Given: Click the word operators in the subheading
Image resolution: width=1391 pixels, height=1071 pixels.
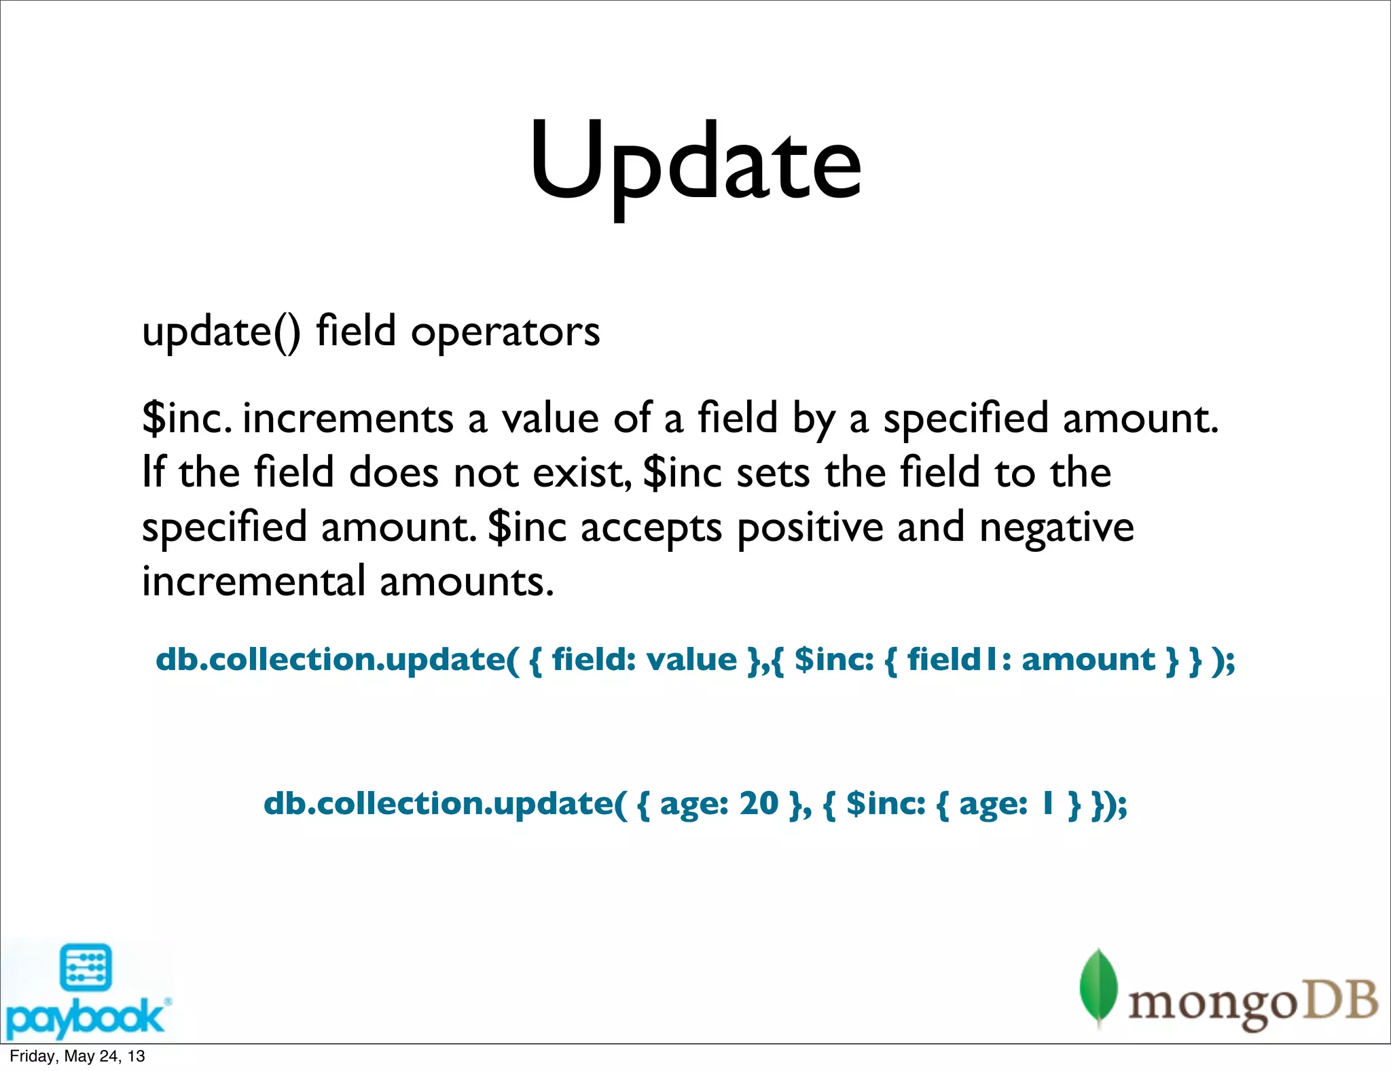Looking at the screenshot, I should click(505, 332).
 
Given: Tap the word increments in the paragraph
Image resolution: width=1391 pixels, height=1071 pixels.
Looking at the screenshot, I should click(347, 418).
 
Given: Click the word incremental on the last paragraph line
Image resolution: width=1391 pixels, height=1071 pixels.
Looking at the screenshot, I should click(253, 582).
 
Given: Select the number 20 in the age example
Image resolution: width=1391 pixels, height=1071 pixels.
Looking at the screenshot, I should click(758, 803).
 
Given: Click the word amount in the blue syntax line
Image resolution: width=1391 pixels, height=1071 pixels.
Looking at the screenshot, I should click(1088, 659).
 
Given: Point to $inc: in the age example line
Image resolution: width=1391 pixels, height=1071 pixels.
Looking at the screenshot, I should click(886, 803).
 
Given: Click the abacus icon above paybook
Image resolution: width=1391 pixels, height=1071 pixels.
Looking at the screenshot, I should click(86, 967).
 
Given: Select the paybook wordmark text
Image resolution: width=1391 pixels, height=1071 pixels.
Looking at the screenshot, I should click(85, 1017).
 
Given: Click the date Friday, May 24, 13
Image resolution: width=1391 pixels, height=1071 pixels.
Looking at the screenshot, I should click(77, 1056).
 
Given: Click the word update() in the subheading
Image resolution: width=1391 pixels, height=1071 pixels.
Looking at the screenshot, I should click(221, 332).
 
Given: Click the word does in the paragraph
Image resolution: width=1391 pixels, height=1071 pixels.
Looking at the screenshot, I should click(393, 472).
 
